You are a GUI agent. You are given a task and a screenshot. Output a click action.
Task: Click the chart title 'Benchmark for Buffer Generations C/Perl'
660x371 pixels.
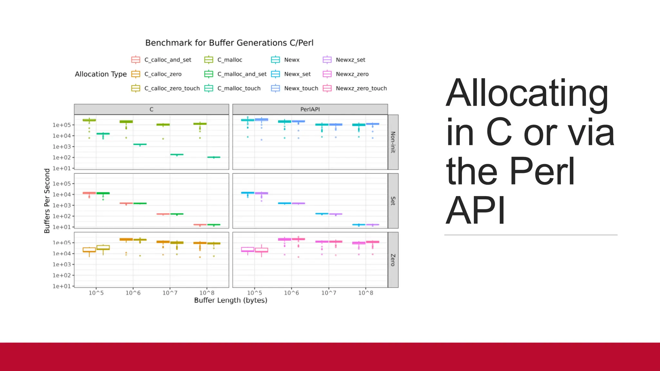click(x=229, y=43)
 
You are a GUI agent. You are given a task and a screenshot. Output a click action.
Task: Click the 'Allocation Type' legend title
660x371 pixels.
click(x=101, y=74)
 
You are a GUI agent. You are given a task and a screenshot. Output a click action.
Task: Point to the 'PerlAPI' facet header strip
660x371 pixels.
click(x=310, y=109)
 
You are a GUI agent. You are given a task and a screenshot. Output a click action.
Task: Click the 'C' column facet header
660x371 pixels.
click(x=151, y=109)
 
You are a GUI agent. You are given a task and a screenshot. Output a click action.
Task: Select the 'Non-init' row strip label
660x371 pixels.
click(x=393, y=142)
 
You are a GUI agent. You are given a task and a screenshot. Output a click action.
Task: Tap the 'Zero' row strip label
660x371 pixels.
click(x=393, y=260)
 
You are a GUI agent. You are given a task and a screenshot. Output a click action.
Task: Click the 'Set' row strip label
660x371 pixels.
click(x=393, y=201)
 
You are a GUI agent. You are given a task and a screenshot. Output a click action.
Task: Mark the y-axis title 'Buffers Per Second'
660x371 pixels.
click(x=47, y=201)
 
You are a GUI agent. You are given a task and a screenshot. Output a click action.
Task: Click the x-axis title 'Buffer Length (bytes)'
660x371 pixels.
click(x=230, y=300)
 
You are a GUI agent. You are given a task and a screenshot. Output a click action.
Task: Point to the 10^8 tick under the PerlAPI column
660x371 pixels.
click(x=365, y=293)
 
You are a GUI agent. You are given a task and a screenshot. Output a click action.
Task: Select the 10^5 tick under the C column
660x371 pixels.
click(x=96, y=293)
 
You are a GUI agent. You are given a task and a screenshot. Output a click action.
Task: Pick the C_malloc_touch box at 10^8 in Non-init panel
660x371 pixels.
click(x=214, y=157)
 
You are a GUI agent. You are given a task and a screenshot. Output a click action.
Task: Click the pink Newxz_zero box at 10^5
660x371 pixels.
click(x=247, y=250)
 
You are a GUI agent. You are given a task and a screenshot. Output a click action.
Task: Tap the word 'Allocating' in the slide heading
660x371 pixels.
click(x=527, y=93)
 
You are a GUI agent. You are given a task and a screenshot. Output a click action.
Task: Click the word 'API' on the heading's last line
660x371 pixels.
click(x=475, y=211)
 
